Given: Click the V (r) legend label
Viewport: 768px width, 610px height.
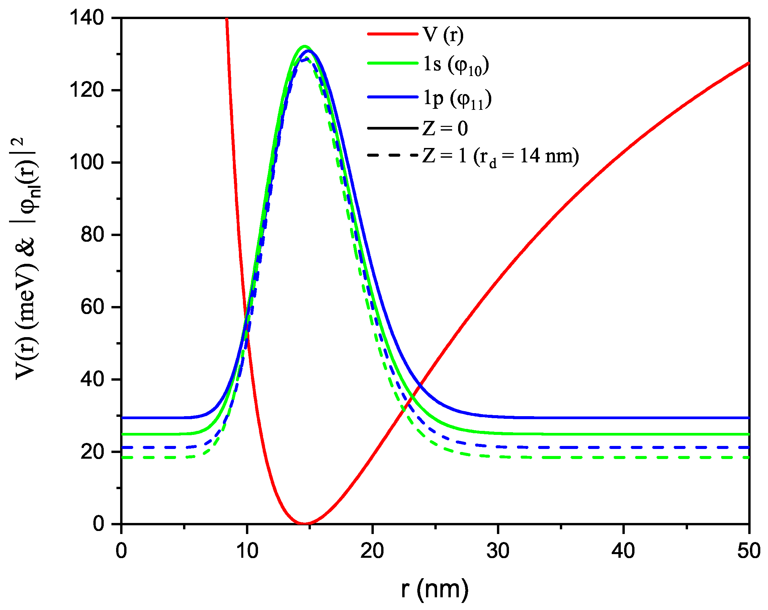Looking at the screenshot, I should pyautogui.click(x=443, y=34).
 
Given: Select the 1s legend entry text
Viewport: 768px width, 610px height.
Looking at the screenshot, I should pyautogui.click(x=455, y=65).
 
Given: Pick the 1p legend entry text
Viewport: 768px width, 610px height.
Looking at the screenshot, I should pyautogui.click(x=457, y=98).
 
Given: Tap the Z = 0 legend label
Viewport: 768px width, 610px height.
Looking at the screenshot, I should pyautogui.click(x=444, y=128).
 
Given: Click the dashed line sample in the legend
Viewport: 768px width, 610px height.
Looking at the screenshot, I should pyautogui.click(x=392, y=155).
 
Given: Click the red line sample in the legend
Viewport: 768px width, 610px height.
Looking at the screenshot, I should pyautogui.click(x=392, y=34).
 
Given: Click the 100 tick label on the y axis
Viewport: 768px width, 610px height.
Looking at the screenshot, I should pyautogui.click(x=87, y=162).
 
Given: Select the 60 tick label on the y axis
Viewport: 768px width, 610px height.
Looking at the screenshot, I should pyautogui.click(x=92, y=307).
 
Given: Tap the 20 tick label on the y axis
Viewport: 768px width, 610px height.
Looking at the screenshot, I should pyautogui.click(x=92, y=451).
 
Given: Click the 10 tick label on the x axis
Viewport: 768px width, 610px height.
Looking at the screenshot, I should pyautogui.click(x=247, y=551).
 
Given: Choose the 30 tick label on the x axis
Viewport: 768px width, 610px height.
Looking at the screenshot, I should pyautogui.click(x=498, y=551).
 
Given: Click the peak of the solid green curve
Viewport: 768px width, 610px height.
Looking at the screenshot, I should pyautogui.click(x=304, y=46).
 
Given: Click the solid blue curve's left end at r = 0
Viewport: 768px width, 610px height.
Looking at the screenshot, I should pyautogui.click(x=122, y=417).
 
